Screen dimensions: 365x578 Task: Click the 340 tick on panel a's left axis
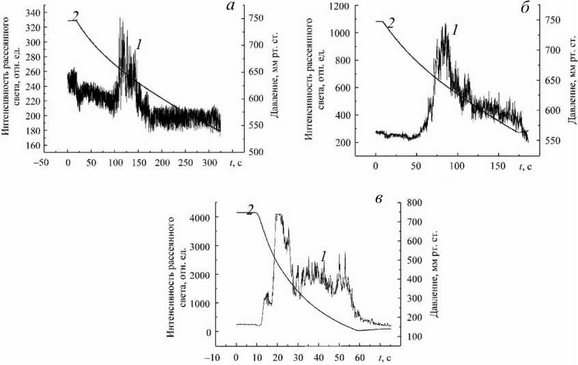click(32, 11)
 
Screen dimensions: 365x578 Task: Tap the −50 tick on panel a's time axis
click(43, 165)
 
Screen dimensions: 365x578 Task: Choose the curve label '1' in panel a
click(139, 44)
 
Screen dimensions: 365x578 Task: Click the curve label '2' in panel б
click(390, 23)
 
